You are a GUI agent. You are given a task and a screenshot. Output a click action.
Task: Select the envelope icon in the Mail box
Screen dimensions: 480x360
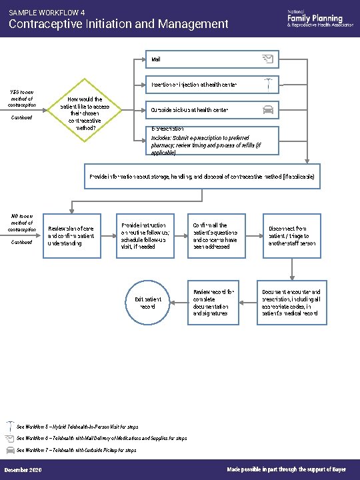(x=267, y=59)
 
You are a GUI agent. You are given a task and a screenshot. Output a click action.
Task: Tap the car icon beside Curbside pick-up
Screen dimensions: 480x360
(x=267, y=109)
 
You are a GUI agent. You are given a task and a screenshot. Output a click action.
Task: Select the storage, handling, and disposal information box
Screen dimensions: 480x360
(x=202, y=177)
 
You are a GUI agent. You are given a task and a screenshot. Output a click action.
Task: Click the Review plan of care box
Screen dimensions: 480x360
(x=71, y=236)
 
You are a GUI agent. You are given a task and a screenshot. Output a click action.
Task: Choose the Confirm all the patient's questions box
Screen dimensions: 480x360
(x=218, y=236)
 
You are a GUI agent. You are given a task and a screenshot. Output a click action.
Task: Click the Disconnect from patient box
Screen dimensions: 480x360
(x=292, y=236)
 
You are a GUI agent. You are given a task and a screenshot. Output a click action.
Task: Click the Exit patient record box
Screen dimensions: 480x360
(x=148, y=303)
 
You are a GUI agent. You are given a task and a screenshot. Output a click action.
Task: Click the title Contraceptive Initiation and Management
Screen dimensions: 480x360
(x=118, y=25)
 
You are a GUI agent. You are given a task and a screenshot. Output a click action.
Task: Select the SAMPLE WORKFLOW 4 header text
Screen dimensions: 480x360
(x=47, y=12)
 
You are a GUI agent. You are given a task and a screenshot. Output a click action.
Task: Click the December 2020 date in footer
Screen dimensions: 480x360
(x=23, y=471)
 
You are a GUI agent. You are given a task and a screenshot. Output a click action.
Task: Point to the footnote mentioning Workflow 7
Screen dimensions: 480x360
(x=77, y=450)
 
